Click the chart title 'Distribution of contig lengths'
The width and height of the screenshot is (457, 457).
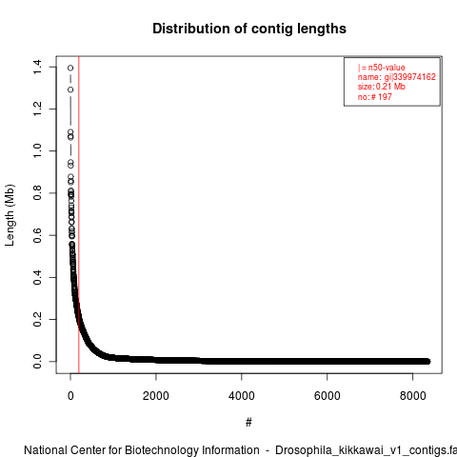point(249,29)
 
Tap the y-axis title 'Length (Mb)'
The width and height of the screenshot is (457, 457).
point(10,215)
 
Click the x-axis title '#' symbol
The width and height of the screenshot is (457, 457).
point(248,423)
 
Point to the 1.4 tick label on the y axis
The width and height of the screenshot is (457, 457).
point(37,67)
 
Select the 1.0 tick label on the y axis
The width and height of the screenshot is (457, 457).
point(37,150)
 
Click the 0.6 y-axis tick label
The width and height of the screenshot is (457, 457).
point(37,235)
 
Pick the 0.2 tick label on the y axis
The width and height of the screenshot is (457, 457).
point(37,319)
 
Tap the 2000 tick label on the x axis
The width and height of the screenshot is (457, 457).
point(156,396)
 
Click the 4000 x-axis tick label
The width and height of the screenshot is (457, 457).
point(242,396)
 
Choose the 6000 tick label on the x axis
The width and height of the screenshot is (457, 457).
point(328,396)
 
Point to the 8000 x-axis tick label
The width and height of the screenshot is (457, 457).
point(412,396)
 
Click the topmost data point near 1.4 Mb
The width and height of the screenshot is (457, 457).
point(70,68)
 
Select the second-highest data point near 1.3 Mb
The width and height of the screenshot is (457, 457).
point(70,89)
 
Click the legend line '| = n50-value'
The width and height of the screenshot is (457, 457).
point(382,68)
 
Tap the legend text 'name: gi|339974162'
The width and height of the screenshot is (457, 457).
point(397,77)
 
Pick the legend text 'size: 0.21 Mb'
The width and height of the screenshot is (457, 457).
point(382,87)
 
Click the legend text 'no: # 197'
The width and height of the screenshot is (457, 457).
point(375,97)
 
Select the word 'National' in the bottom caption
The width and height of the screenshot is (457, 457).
point(46,450)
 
